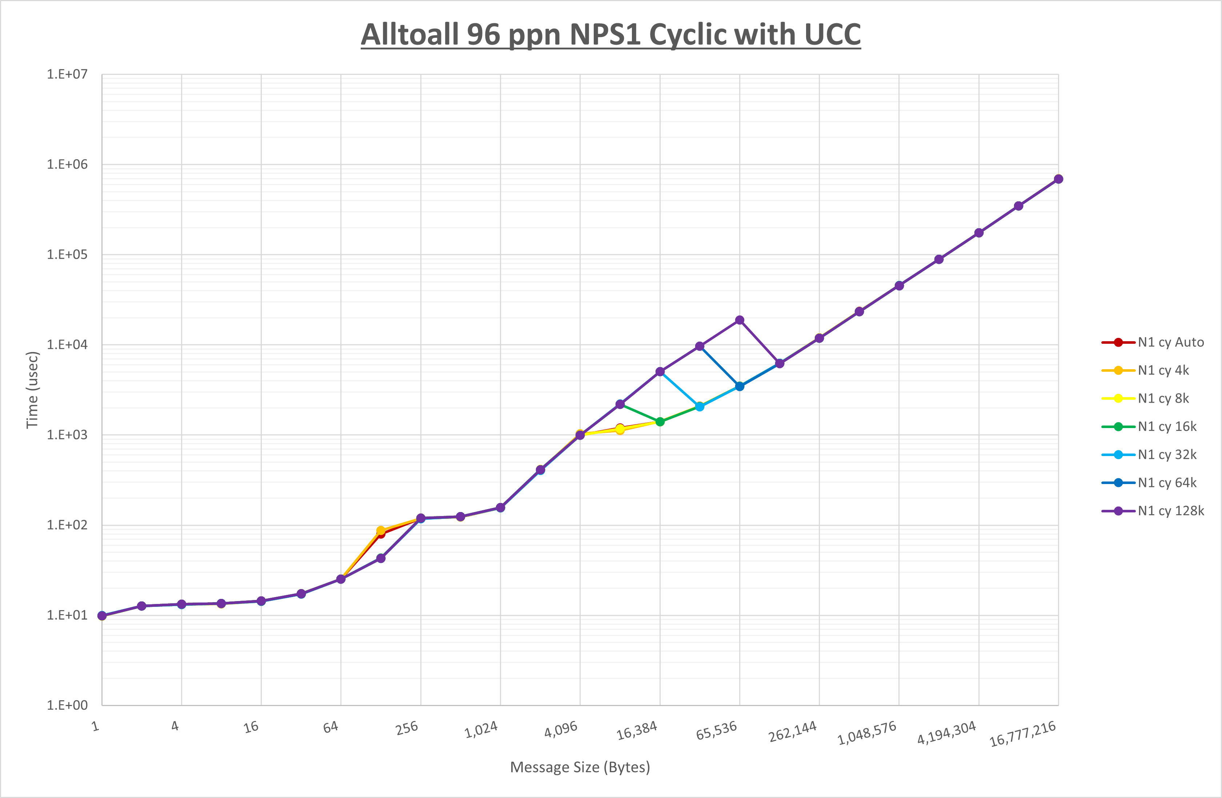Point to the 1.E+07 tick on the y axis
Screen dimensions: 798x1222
(x=67, y=74)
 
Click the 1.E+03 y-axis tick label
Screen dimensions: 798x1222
(x=67, y=435)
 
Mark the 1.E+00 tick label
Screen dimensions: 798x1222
(x=67, y=705)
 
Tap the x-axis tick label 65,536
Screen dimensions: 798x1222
(x=716, y=731)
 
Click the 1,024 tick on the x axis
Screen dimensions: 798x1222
(x=481, y=730)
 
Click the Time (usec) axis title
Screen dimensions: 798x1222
(x=32, y=390)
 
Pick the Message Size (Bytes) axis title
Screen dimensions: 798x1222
(x=580, y=767)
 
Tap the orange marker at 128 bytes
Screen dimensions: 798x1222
(x=380, y=531)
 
